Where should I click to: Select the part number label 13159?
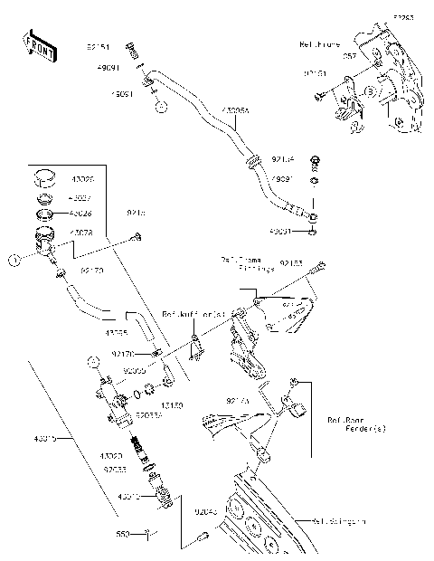tap(172, 406)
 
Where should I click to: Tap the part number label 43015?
tap(42, 439)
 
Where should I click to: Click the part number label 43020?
tap(112, 456)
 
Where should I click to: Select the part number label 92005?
tap(134, 371)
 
